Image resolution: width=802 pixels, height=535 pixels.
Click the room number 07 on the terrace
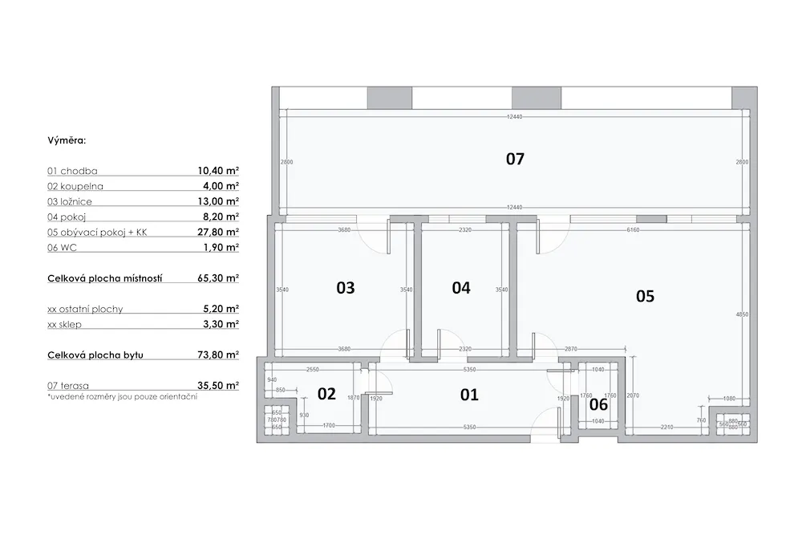pyautogui.click(x=515, y=159)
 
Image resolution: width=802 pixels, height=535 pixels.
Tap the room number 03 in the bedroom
pyautogui.click(x=345, y=287)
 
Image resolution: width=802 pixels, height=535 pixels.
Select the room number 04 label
pyautogui.click(x=461, y=287)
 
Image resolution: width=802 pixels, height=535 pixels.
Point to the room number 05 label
pyautogui.click(x=645, y=296)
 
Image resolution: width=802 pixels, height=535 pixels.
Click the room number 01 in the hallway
pyautogui.click(x=469, y=394)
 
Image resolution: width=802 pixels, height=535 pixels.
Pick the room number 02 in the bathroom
pyautogui.click(x=326, y=393)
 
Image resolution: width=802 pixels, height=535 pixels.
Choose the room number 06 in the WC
pyautogui.click(x=599, y=404)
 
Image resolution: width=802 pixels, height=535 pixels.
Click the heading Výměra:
pyautogui.click(x=67, y=140)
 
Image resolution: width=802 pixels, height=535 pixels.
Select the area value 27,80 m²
pyautogui.click(x=218, y=233)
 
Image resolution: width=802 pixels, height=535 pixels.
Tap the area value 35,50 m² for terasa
pyautogui.click(x=218, y=386)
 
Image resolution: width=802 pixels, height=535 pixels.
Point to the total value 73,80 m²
pyautogui.click(x=218, y=355)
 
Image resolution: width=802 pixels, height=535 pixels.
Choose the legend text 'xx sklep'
pyautogui.click(x=71, y=324)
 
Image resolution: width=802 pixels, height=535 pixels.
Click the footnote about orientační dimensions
pyautogui.click(x=122, y=397)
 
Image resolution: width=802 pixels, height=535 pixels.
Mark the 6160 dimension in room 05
pyautogui.click(x=634, y=230)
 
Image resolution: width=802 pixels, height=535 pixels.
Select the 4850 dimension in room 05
pyautogui.click(x=742, y=314)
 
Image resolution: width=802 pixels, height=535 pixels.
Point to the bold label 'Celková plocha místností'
pyautogui.click(x=105, y=278)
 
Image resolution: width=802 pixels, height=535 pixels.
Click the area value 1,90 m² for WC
pyautogui.click(x=220, y=248)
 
